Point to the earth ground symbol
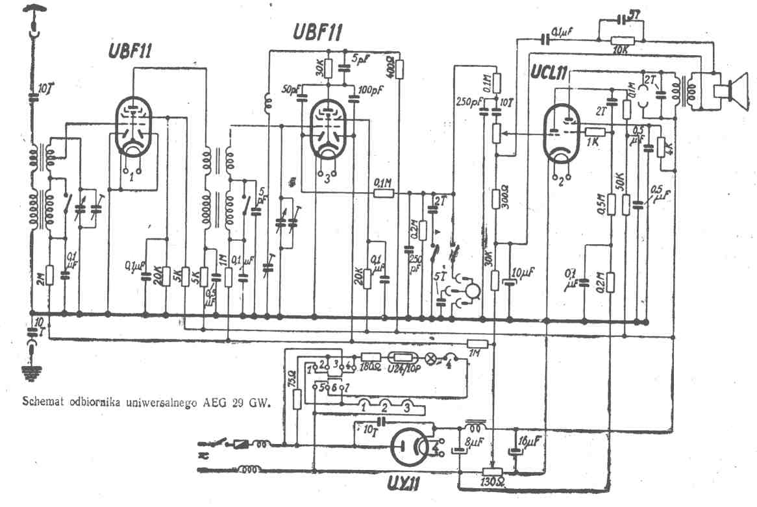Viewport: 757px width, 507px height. (31, 371)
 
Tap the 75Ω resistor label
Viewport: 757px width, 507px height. (290, 376)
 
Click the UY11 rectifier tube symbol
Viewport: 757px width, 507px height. (414, 447)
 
